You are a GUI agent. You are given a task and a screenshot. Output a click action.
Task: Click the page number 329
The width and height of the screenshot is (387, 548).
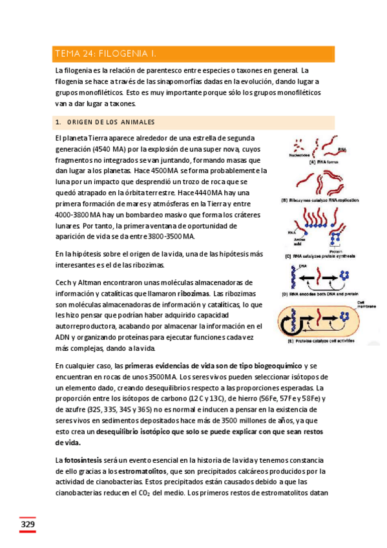click(26, 524)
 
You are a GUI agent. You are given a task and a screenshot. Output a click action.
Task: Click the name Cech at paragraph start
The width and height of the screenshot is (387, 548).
click(63, 282)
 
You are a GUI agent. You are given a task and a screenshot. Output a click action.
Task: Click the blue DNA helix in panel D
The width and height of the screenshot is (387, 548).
click(293, 277)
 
